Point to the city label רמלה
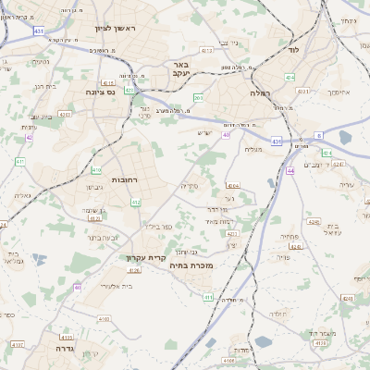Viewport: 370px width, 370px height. [x=258, y=93]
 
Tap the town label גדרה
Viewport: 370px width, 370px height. [x=64, y=349]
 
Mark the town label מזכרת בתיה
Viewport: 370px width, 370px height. [x=192, y=265]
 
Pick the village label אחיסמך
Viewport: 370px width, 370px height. [x=340, y=92]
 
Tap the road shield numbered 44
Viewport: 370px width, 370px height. [x=290, y=170]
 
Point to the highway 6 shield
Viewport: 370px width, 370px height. [x=318, y=135]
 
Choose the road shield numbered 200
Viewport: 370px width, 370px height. [x=198, y=97]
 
